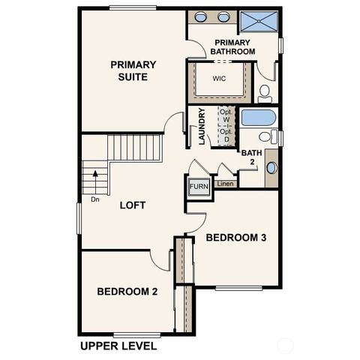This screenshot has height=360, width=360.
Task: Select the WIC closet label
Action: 220,77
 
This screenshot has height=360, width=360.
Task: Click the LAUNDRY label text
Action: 202,127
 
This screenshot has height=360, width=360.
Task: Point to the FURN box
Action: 198,187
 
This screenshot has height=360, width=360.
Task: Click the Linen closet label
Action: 225,183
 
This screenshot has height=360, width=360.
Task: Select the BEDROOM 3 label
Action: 237,238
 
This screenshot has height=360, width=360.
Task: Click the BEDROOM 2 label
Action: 127,292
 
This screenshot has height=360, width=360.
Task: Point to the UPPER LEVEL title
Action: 118,346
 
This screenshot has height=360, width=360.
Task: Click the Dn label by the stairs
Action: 95,199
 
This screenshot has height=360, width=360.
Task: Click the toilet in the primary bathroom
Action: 265,94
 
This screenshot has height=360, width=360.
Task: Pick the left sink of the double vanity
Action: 202,19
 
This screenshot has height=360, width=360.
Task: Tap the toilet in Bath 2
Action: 264,138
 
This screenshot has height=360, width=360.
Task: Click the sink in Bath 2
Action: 271,166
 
